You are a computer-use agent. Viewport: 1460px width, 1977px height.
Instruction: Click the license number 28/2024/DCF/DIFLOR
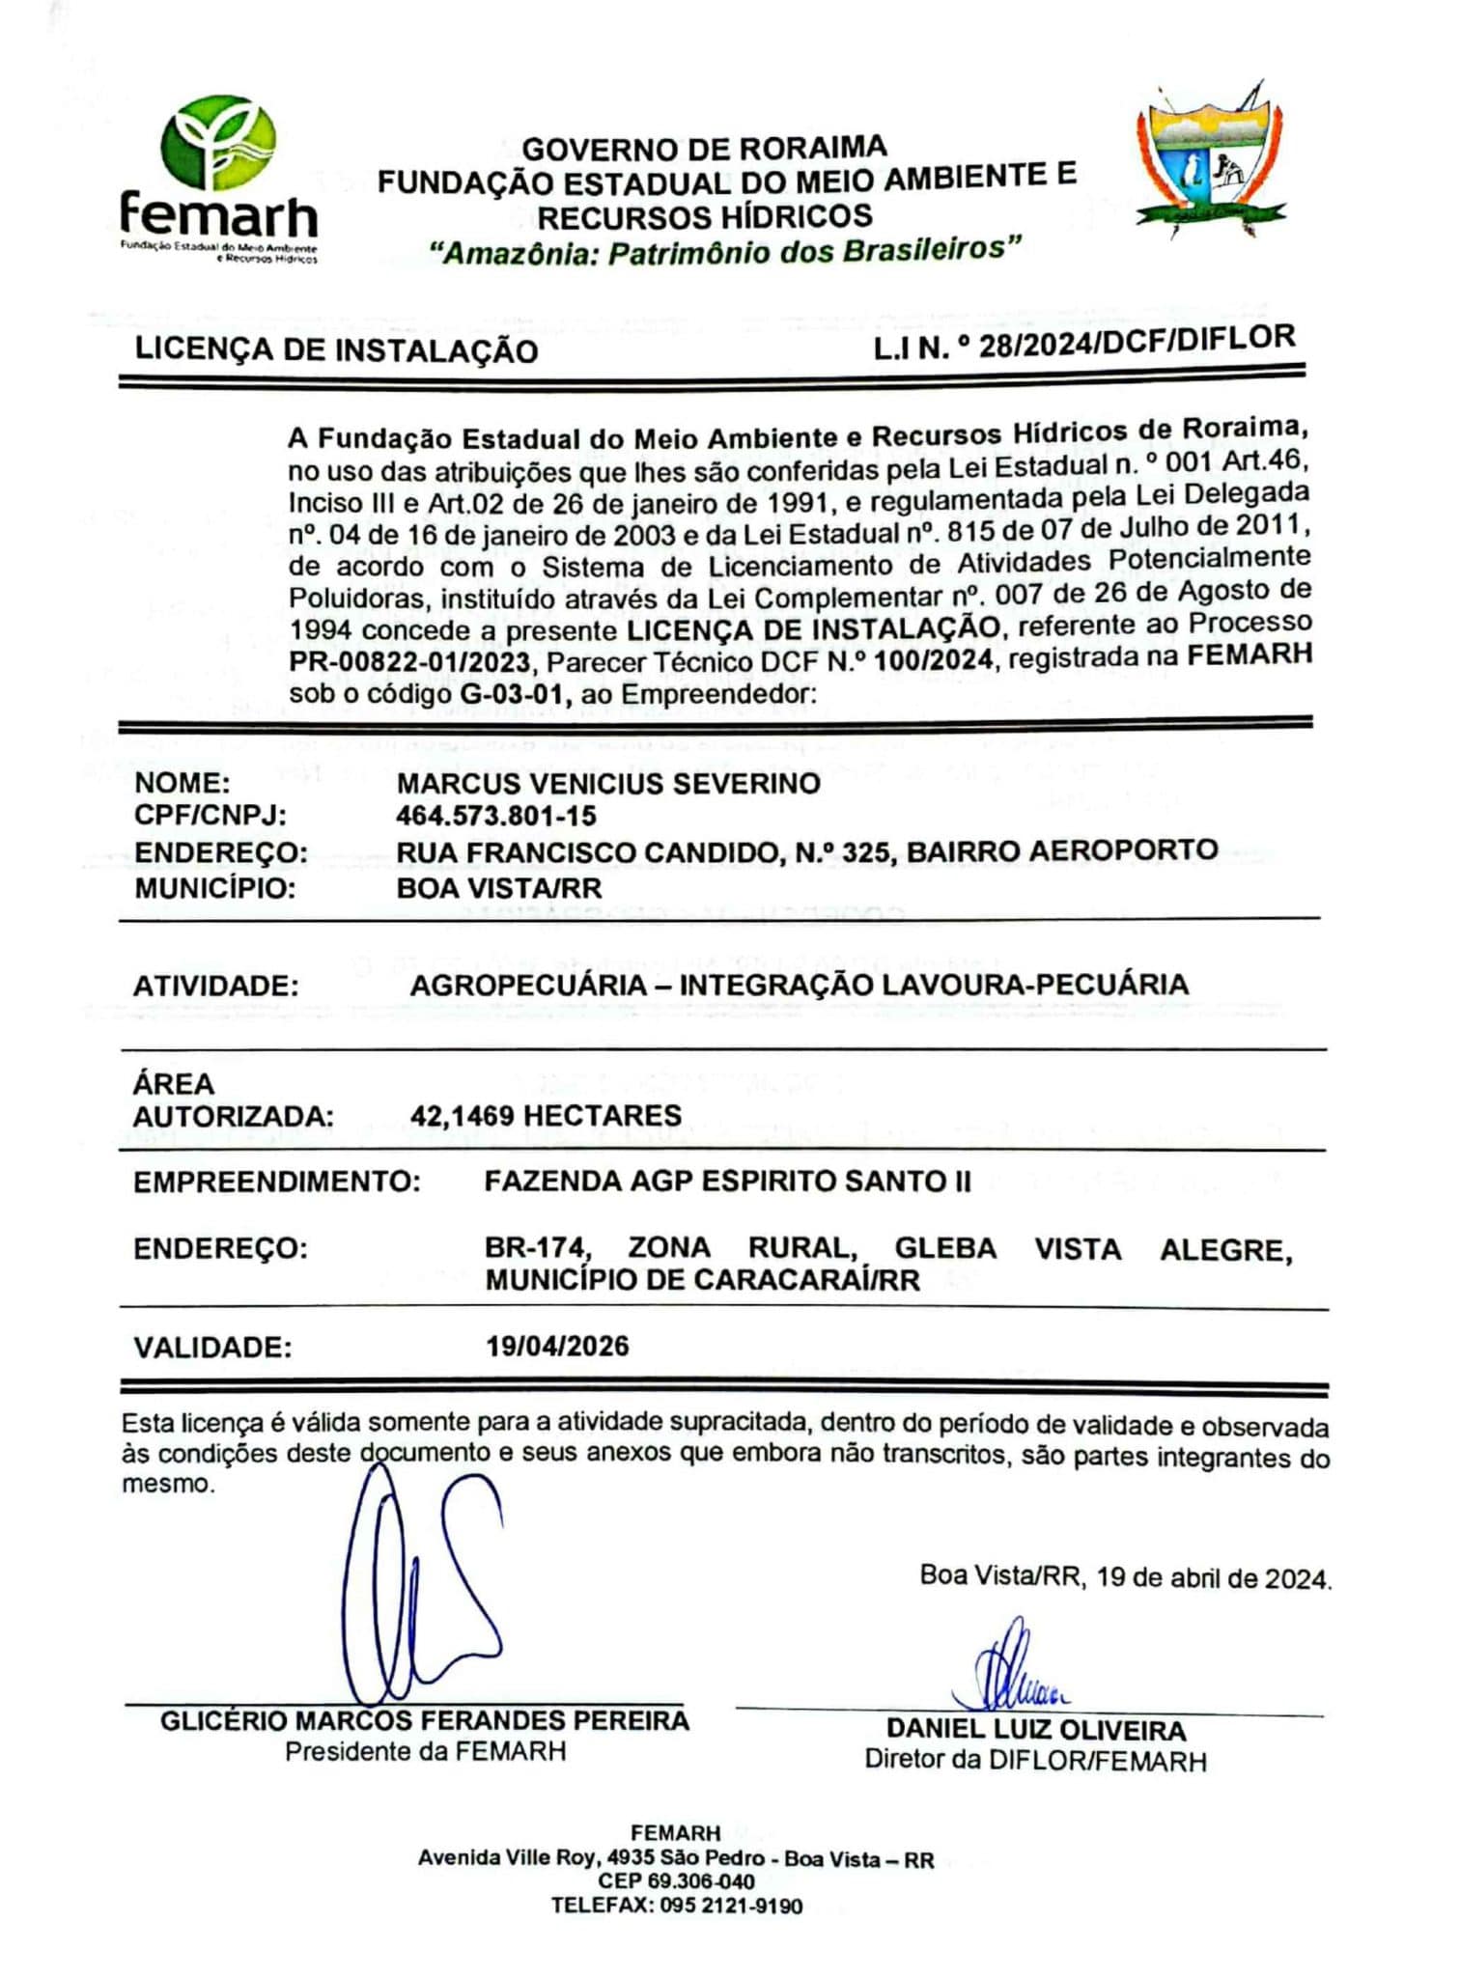(x=1136, y=343)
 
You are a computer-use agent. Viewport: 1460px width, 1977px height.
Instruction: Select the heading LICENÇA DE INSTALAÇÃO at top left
(x=336, y=349)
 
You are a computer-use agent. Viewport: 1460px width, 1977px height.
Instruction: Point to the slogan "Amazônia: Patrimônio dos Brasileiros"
(x=724, y=252)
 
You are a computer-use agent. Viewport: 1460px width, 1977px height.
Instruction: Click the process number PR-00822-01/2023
(x=409, y=662)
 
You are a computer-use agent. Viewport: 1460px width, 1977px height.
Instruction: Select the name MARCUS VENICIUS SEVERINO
(x=608, y=783)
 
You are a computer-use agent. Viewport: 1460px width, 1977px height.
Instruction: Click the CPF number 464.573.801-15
(x=495, y=817)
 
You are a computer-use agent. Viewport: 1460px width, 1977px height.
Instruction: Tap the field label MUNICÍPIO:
(x=214, y=888)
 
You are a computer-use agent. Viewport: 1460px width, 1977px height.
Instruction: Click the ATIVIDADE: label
(x=216, y=987)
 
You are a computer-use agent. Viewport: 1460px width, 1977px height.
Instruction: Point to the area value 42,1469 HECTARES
(x=546, y=1116)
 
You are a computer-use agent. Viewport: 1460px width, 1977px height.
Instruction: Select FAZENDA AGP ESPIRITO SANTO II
(x=727, y=1182)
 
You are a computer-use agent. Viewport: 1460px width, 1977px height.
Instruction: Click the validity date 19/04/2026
(x=557, y=1347)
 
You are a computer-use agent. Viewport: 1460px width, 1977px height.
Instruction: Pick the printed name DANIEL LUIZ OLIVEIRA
(x=1036, y=1729)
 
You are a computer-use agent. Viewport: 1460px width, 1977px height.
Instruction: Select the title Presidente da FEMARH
(x=425, y=1751)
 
